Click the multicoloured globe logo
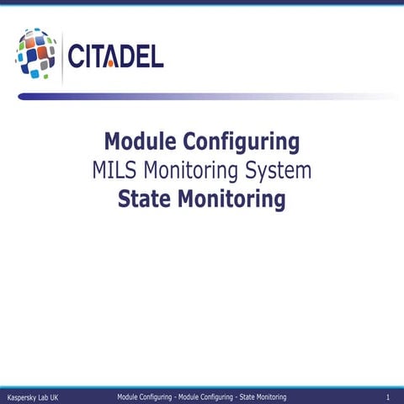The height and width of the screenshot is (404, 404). coord(35,54)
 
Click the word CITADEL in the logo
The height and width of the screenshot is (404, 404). coord(115,56)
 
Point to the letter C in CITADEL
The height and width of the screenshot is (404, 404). coord(77,56)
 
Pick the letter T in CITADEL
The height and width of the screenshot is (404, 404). coord(98,56)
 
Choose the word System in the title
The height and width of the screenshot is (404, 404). coord(279,170)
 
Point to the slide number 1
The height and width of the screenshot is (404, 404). coord(385,396)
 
